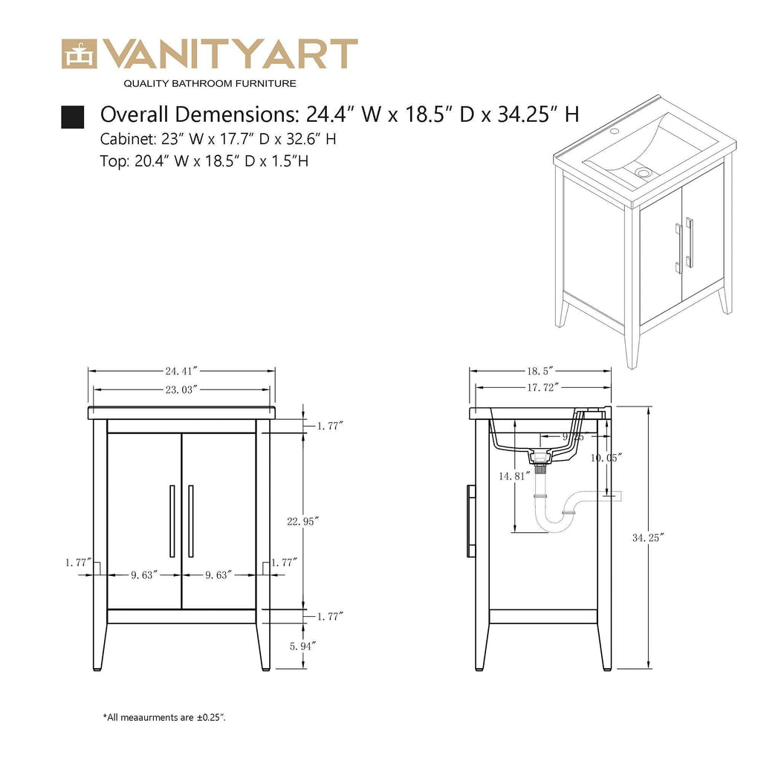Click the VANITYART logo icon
(x=78, y=54)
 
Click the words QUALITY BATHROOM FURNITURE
(x=210, y=83)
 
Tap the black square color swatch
(x=72, y=117)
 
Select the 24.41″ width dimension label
(x=181, y=370)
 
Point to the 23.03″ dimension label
(x=181, y=389)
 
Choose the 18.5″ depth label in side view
(x=540, y=370)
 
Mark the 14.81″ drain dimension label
(x=513, y=476)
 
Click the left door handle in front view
(x=172, y=521)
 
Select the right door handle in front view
(x=191, y=521)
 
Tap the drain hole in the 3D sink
(x=644, y=172)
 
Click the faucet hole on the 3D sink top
(x=615, y=132)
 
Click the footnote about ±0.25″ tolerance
(x=164, y=718)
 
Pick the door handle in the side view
(x=471, y=521)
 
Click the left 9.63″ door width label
(x=145, y=574)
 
